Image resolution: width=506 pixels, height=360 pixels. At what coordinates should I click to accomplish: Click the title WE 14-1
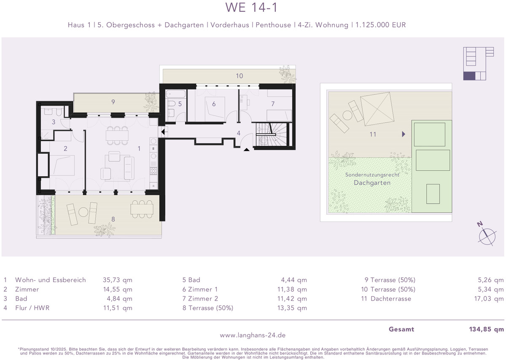click(x=251, y=8)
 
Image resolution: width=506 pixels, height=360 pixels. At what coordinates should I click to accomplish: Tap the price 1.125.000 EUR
click(x=381, y=25)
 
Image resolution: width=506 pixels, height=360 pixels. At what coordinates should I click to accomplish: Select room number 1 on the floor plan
click(x=139, y=148)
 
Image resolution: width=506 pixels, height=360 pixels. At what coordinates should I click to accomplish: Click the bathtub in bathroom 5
click(x=176, y=94)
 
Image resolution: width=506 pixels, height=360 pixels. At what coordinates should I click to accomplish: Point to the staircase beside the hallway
click(x=273, y=134)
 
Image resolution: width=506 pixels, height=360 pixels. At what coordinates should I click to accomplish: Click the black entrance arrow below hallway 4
click(x=246, y=150)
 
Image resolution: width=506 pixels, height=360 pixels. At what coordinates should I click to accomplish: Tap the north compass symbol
click(x=487, y=234)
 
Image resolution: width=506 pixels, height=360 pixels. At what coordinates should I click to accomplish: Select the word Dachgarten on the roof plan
click(x=372, y=183)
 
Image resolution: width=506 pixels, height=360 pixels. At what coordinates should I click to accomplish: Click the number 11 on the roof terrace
click(x=373, y=134)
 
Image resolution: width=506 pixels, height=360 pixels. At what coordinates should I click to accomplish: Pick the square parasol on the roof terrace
click(x=377, y=109)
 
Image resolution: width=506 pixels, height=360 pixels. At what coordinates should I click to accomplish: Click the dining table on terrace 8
click(x=142, y=209)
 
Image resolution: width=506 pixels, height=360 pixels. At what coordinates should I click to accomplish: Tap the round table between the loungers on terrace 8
click(x=83, y=212)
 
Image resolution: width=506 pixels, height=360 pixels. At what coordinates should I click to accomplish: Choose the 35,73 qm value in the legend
click(x=118, y=280)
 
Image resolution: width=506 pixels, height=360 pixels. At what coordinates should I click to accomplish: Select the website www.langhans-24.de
click(x=253, y=335)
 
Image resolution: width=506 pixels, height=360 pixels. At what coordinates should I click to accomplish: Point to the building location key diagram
click(x=479, y=64)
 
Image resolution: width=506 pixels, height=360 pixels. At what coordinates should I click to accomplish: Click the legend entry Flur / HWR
click(x=32, y=308)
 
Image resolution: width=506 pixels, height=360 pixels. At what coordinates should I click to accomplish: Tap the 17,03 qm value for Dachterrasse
click(x=489, y=298)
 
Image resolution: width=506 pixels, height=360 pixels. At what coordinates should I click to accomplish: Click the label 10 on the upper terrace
click(x=240, y=76)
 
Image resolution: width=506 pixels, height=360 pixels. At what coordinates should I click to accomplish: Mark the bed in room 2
click(x=62, y=165)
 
